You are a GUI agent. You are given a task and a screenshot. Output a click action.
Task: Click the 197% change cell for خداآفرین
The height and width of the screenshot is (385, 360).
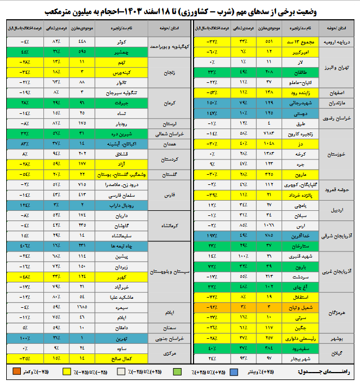tap(212, 234)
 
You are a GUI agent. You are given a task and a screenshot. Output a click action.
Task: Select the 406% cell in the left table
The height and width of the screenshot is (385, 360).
tap(23, 246)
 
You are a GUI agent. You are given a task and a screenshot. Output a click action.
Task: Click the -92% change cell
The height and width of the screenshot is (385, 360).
tap(212, 307)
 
